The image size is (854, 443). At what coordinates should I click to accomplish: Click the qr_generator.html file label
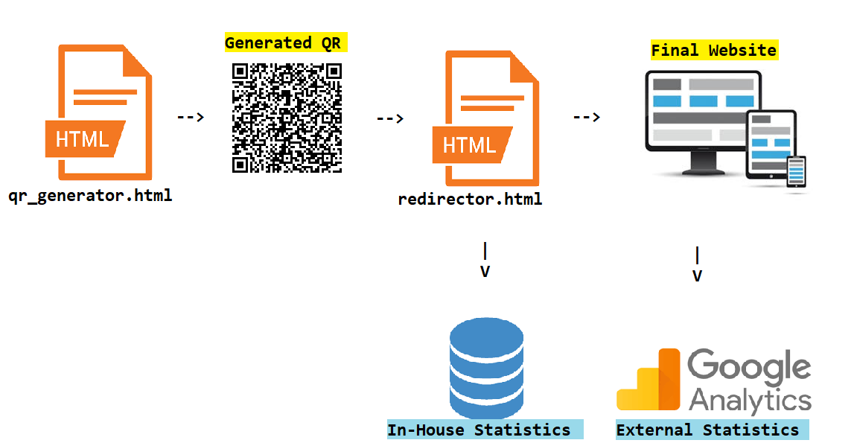pos(90,197)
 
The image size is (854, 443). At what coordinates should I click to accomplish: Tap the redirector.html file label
pos(470,200)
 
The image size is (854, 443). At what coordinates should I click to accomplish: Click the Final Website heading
pos(713,51)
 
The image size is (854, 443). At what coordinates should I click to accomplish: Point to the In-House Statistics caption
pos(479,430)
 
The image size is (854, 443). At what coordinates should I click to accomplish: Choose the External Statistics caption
pos(707,430)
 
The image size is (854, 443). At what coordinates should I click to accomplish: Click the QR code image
pos(287,118)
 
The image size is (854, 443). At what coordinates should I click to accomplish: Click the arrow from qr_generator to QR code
pos(191,117)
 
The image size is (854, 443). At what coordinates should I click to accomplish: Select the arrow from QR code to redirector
pos(389,118)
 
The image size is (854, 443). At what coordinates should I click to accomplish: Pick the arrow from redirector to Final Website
pos(586,117)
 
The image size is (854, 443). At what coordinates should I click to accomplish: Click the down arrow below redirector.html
pos(485,261)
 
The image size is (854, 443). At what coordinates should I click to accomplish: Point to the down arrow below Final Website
pos(697,265)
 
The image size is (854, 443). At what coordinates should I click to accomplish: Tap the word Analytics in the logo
pos(750,400)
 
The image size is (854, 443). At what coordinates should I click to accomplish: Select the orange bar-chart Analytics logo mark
pos(649,380)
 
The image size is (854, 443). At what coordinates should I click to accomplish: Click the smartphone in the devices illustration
pos(797,172)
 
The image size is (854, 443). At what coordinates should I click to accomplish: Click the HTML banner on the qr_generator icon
pos(82,138)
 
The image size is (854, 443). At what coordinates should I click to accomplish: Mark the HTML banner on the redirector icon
pos(469,144)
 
